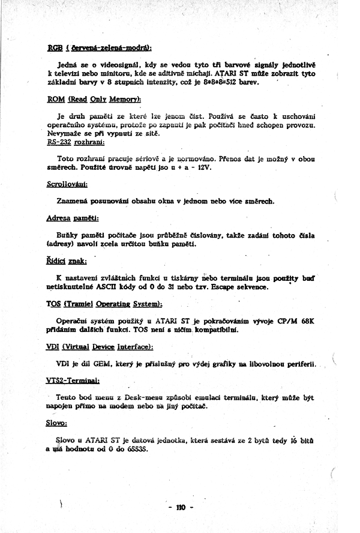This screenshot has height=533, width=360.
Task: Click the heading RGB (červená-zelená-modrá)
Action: pos(99,47)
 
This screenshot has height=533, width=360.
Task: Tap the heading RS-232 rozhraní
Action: pos(76,142)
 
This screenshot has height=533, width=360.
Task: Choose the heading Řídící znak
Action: pos(67,260)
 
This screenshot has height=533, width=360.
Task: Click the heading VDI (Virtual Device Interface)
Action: pos(100,347)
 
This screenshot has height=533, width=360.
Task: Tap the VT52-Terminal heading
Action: pos(73,381)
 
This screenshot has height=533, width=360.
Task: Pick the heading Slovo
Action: pos(57,424)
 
